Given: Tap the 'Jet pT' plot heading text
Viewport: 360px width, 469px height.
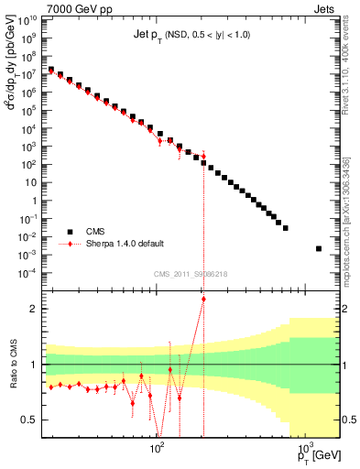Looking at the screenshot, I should [x=191, y=35].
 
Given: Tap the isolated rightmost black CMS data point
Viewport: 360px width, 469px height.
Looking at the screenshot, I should [x=319, y=248].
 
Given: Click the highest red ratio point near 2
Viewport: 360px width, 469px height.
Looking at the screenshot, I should [x=203, y=299].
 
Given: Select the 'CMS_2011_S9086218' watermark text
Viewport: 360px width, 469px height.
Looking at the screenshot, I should [x=190, y=275].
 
